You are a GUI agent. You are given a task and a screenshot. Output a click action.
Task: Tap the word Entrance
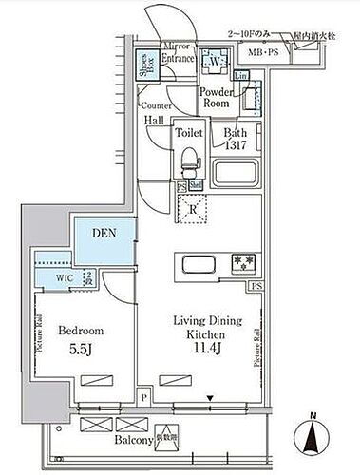click(178, 60)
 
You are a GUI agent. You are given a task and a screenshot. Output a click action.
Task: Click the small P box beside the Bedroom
click(142, 399)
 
